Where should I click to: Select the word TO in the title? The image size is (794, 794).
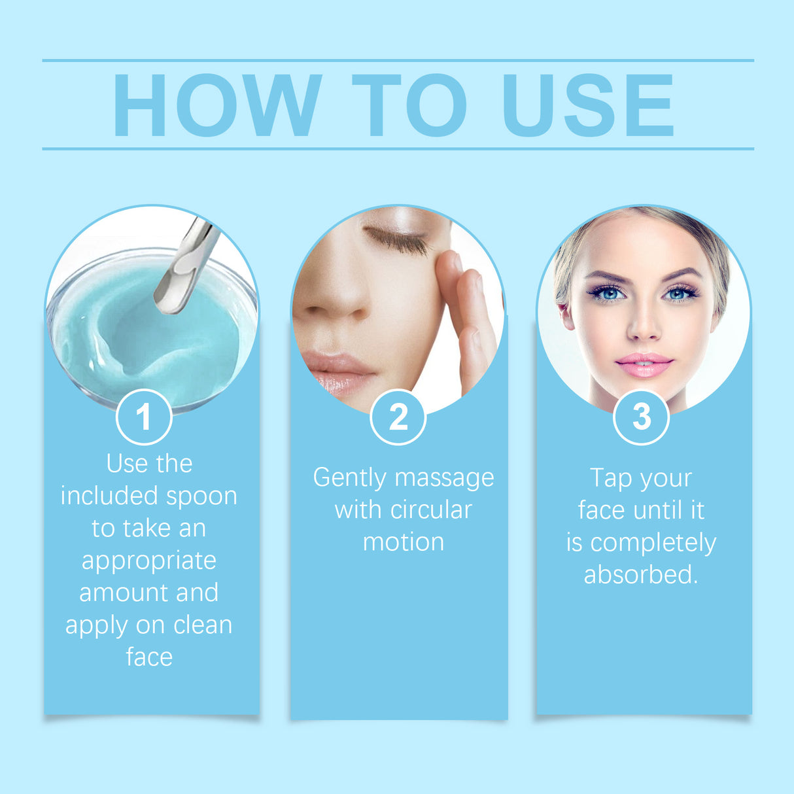coord(409,105)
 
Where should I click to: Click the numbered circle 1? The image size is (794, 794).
coord(144,417)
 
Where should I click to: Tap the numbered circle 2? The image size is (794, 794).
coord(398,417)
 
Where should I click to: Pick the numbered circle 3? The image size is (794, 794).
coord(641,417)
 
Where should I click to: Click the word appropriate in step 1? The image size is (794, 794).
coord(149,561)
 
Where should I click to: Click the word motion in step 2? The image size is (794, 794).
coord(404,542)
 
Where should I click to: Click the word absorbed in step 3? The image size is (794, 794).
coord(640,574)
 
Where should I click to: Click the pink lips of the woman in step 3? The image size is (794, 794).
coord(644,364)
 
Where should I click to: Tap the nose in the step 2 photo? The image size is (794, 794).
coord(334,301)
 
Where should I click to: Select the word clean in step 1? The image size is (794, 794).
coord(202,625)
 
